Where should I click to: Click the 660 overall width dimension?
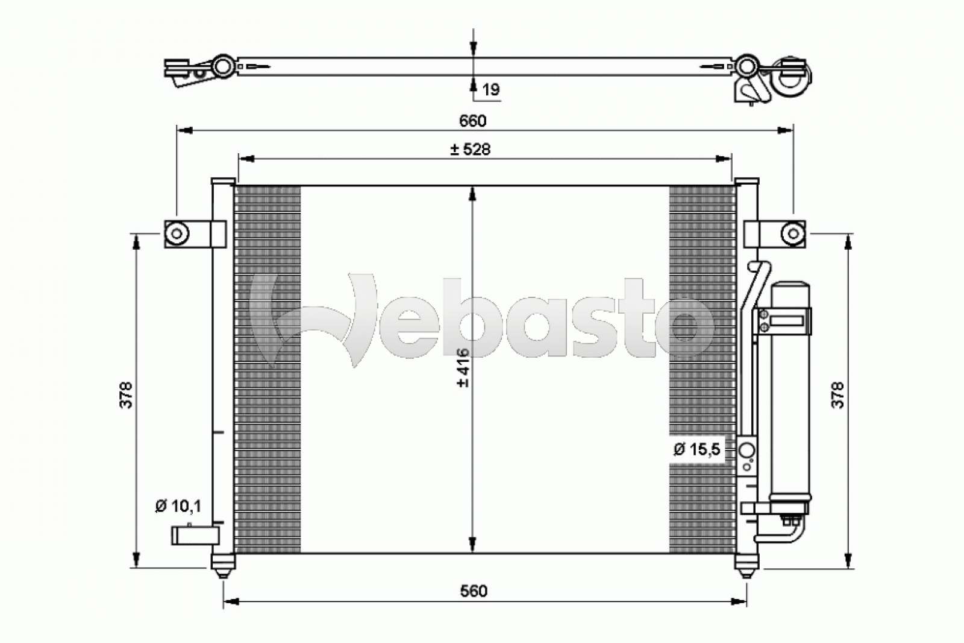[x=472, y=121]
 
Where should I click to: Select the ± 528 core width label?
[x=471, y=149]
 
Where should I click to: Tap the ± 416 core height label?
[x=463, y=367]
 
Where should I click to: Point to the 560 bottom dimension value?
[x=474, y=591]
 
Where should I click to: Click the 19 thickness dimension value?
[x=491, y=90]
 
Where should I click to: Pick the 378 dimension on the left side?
[x=127, y=395]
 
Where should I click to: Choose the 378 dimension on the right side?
[x=838, y=395]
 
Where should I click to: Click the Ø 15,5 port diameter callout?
[x=696, y=449]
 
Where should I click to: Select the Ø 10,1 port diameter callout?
[x=178, y=506]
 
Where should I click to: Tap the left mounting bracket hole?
[x=177, y=233]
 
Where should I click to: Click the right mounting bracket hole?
[x=793, y=233]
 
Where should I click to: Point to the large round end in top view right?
[x=791, y=77]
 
